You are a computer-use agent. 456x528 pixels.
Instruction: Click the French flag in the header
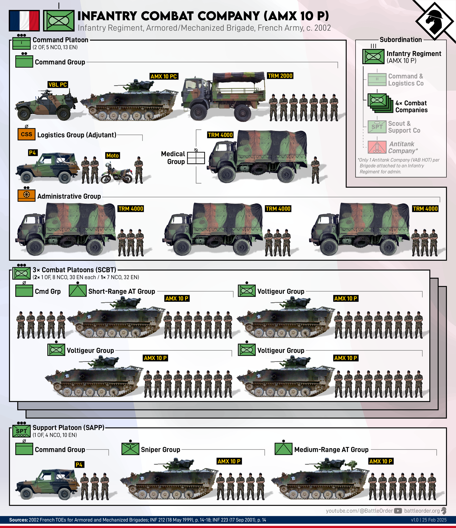pyautogui.click(x=24, y=20)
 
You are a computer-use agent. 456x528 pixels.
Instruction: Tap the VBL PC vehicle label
pyautogui.click(x=58, y=85)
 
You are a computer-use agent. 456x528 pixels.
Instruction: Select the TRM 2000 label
pyautogui.click(x=280, y=76)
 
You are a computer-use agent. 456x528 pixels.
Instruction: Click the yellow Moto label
pyautogui.click(x=112, y=155)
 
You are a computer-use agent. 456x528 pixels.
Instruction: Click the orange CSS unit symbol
pyautogui.click(x=26, y=134)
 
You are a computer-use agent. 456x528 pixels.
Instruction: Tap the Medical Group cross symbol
pyautogui.click(x=196, y=158)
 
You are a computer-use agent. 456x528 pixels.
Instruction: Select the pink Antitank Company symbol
pyautogui.click(x=377, y=147)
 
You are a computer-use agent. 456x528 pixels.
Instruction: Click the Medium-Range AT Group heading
pyautogui.click(x=331, y=450)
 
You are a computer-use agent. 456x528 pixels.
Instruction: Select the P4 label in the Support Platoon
pyautogui.click(x=79, y=464)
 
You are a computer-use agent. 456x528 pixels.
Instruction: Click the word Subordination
pyautogui.click(x=400, y=40)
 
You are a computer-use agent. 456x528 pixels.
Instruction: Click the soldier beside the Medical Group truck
pyautogui.click(x=315, y=170)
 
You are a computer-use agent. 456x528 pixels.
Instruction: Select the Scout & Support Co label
pyautogui.click(x=404, y=127)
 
